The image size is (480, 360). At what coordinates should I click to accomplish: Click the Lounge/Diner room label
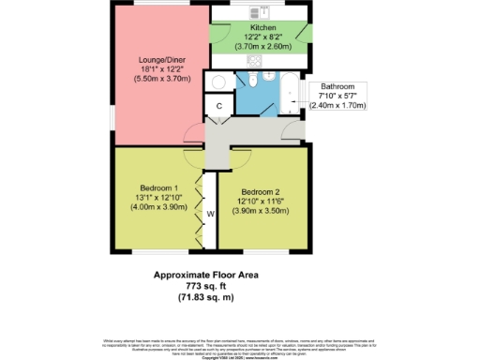coord(157,60)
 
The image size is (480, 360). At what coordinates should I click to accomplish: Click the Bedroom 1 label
coord(156,187)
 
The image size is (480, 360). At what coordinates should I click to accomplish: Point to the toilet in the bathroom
coord(268,74)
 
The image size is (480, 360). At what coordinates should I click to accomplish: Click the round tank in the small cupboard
coord(217,81)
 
